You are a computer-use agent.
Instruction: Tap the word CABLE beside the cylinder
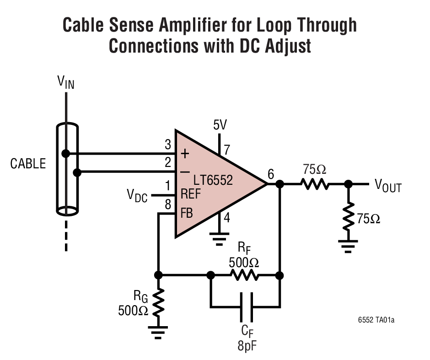pyautogui.click(x=28, y=164)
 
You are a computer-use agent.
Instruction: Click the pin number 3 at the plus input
pyautogui.click(x=167, y=145)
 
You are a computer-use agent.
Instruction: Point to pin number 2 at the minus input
pyautogui.click(x=167, y=161)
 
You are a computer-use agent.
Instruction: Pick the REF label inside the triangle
pyautogui.click(x=191, y=194)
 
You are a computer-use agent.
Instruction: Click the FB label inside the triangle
pyautogui.click(x=186, y=214)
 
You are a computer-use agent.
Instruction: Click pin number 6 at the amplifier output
pyautogui.click(x=271, y=174)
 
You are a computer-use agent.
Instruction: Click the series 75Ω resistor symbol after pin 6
pyautogui.click(x=315, y=184)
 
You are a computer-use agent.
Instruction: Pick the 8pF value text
pyautogui.click(x=247, y=345)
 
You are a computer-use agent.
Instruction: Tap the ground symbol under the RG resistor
pyautogui.click(x=158, y=332)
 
